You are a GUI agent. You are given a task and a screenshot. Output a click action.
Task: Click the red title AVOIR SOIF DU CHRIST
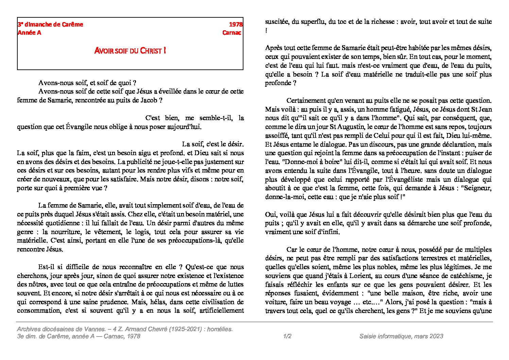coord(130,51)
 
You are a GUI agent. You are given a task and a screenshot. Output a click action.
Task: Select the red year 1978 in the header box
coord(236,24)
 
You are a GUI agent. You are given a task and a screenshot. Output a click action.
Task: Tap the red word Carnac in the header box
coord(232,33)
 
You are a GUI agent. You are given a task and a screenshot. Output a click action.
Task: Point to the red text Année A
coord(29,33)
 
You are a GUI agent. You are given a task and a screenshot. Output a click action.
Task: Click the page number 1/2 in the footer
coord(287,336)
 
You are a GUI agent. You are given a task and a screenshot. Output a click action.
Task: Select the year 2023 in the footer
coord(436,336)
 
